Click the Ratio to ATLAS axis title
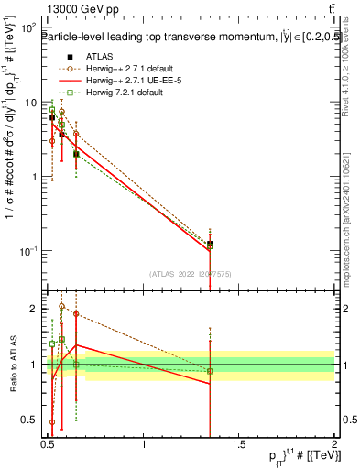(12, 364)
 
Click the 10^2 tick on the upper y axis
(29, 28)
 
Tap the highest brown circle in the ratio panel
(61, 307)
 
